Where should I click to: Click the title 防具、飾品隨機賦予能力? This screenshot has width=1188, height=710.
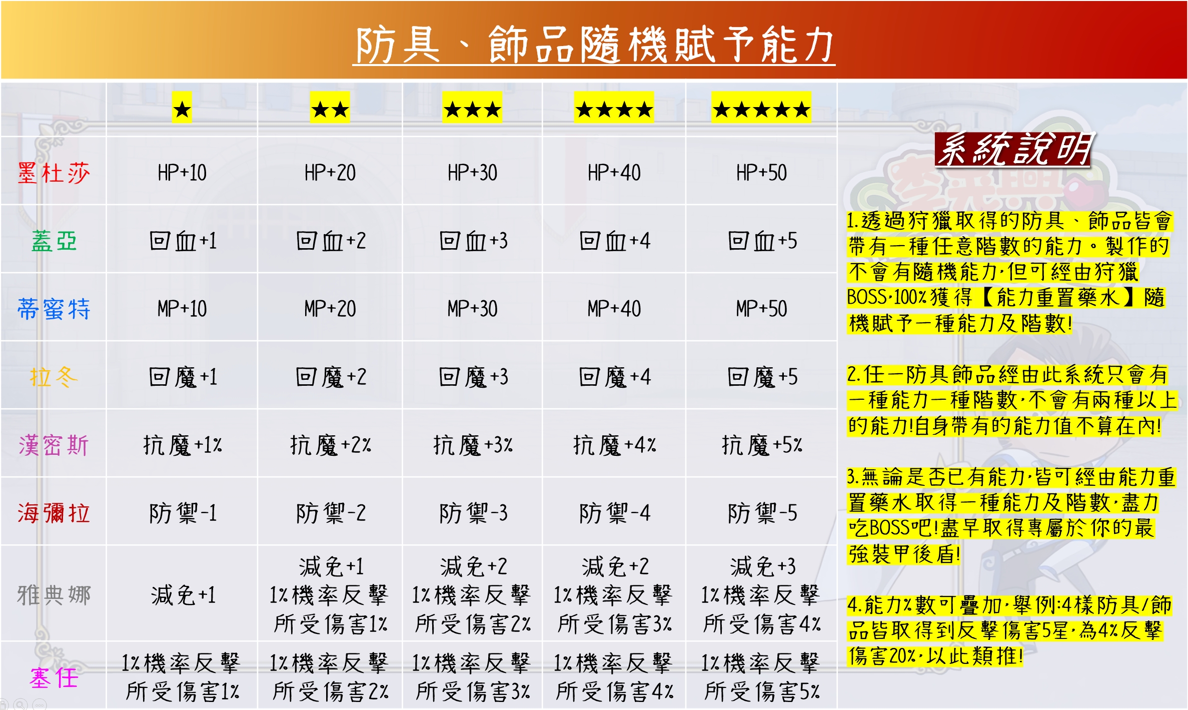click(x=594, y=45)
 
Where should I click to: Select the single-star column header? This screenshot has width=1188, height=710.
click(x=182, y=109)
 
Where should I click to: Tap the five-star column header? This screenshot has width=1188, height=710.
click(x=761, y=109)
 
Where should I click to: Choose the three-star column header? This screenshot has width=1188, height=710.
click(x=472, y=109)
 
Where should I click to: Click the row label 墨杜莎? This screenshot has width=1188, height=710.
click(x=54, y=173)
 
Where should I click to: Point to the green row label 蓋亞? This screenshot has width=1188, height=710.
click(x=54, y=241)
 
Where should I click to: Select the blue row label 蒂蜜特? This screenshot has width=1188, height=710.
click(x=54, y=309)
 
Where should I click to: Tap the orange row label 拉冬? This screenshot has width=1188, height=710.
click(x=54, y=377)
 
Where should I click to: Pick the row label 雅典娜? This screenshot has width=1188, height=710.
click(x=54, y=595)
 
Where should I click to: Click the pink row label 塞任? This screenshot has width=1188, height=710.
click(x=54, y=678)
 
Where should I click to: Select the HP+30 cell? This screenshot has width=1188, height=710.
click(x=472, y=173)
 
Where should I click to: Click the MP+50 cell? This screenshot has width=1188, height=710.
click(x=761, y=309)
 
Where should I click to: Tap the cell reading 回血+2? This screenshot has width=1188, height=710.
click(x=331, y=241)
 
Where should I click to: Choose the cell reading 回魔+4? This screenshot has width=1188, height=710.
click(x=614, y=377)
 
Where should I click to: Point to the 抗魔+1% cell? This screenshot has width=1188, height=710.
click(x=182, y=445)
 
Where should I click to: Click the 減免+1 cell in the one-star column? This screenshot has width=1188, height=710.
click(x=183, y=595)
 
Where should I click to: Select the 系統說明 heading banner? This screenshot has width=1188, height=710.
click(x=1014, y=149)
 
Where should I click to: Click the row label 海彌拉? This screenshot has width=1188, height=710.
click(x=54, y=513)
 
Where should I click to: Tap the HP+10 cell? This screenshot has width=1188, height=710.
click(x=182, y=173)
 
